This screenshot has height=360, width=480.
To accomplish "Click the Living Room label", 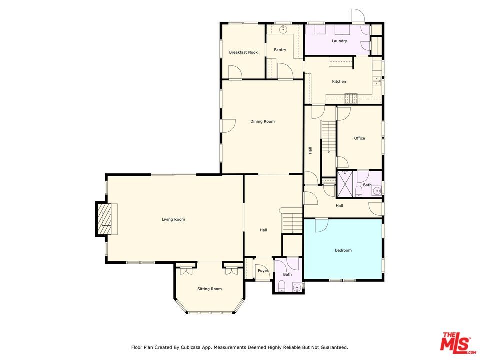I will [173, 219].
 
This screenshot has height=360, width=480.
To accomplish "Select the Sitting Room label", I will [209, 289].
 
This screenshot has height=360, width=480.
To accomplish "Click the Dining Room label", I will [262, 121].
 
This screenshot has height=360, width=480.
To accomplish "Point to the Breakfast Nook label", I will [243, 52].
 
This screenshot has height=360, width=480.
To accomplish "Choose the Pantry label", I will [280, 50].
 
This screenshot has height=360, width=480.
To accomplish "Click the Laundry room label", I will [339, 41].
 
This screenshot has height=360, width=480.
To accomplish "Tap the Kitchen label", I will [339, 81].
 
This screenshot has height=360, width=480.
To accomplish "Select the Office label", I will [359, 138].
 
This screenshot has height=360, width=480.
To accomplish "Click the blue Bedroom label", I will [343, 250].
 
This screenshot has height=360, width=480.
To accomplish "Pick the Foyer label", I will [263, 271].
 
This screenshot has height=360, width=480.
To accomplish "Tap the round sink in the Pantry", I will [284, 30].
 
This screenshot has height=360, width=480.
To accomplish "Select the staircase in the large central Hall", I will [292, 222].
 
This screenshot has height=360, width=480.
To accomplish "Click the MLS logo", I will [455, 342].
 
